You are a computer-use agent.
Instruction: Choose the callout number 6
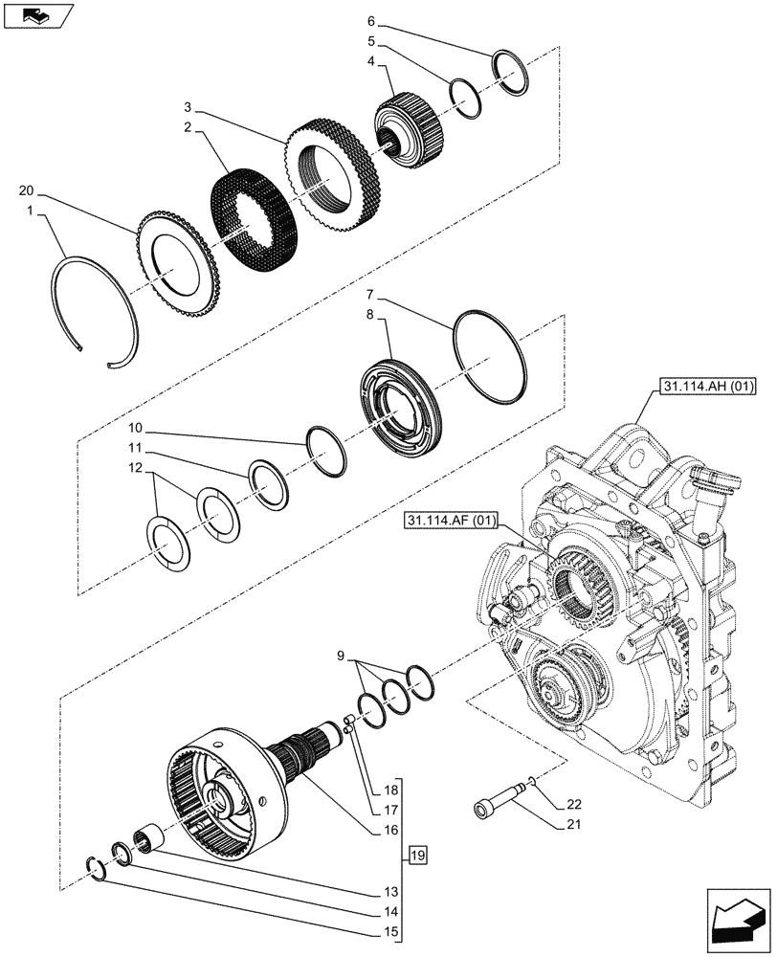tap(370, 21)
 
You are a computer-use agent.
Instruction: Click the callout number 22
tap(573, 804)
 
